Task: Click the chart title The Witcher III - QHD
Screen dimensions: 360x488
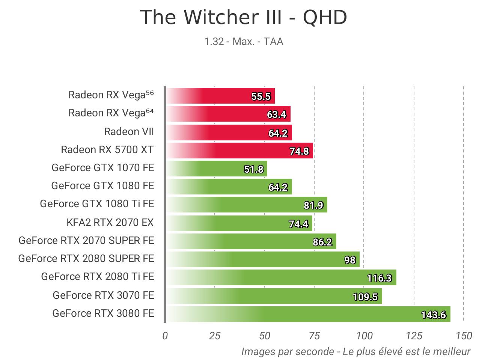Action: click(x=243, y=18)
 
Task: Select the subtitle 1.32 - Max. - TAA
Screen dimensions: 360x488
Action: click(x=243, y=41)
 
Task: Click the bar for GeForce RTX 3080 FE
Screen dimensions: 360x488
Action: click(x=308, y=314)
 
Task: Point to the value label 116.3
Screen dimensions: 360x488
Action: click(x=379, y=278)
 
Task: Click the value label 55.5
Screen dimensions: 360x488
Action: click(x=261, y=97)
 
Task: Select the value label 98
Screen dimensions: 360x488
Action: click(x=350, y=260)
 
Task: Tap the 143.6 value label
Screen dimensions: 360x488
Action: click(x=434, y=315)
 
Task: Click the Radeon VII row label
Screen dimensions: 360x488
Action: click(x=129, y=132)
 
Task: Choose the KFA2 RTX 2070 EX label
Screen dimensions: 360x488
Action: click(x=110, y=223)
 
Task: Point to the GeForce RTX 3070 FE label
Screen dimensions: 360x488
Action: click(x=103, y=295)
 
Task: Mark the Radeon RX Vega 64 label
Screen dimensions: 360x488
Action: click(x=111, y=113)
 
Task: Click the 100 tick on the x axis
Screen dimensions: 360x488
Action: click(x=364, y=336)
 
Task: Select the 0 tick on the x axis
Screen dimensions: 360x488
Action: click(x=165, y=336)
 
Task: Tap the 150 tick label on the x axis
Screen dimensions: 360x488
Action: click(x=464, y=336)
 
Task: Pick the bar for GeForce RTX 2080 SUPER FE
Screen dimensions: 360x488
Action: click(x=263, y=259)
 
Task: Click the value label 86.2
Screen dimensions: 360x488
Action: click(x=322, y=242)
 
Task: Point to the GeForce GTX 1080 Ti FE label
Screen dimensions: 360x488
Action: click(x=97, y=204)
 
